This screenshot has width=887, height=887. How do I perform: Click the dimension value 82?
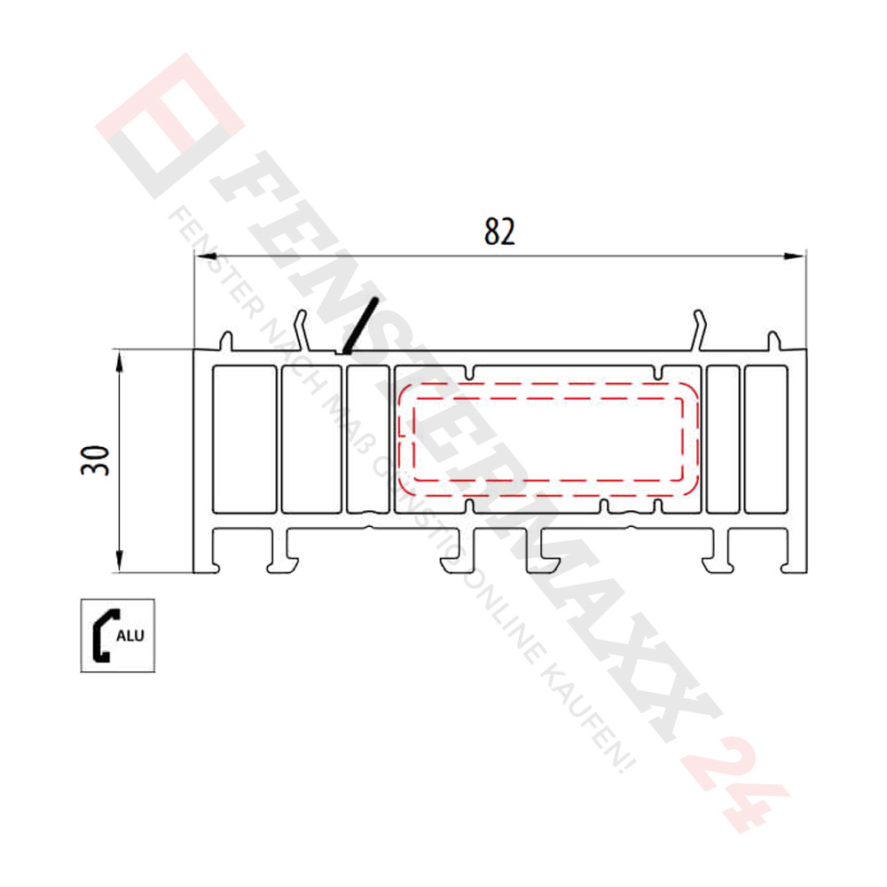tap(499, 232)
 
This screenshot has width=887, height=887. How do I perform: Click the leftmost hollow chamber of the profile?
tap(245, 439)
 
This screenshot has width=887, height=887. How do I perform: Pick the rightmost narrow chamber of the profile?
tap(765, 439)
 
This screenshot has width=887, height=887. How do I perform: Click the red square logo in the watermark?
tap(169, 124)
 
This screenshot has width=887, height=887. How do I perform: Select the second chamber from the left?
tap(311, 439)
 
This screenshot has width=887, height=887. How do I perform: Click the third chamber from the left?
tap(366, 439)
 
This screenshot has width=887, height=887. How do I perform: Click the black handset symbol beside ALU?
tap(102, 635)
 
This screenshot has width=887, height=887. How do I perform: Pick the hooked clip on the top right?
tap(702, 327)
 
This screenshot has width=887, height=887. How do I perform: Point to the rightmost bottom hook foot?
tap(788, 559)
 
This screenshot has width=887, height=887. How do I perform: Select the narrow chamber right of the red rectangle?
tap(723, 439)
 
